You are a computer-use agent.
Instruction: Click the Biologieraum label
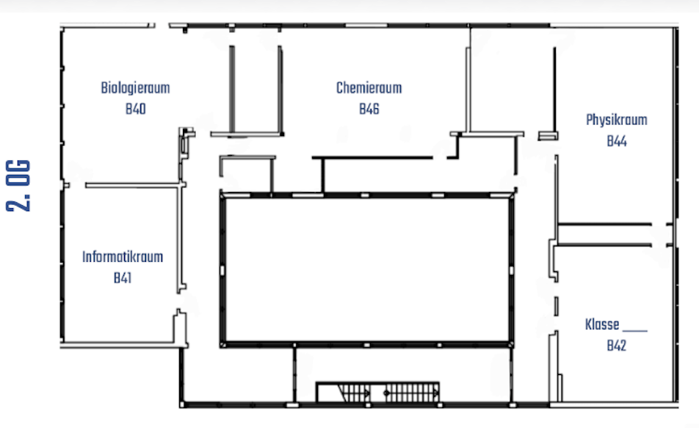coord(135,88)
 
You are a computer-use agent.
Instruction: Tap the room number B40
coord(136,109)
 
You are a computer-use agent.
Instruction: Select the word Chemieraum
coord(369,88)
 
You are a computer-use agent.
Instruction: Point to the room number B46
coord(369,109)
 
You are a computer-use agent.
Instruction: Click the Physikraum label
coord(617,120)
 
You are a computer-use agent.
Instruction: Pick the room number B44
coord(617,141)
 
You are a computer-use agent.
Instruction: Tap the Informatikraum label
coord(123,257)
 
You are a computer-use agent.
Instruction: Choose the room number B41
coord(122,278)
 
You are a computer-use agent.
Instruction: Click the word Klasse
coord(602,324)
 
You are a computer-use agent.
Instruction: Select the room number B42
coord(617,346)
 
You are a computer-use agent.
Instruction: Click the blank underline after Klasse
coord(635,331)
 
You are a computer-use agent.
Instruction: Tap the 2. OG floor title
coord(18,185)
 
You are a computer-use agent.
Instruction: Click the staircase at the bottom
coord(377,392)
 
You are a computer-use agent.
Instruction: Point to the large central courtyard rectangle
coord(366,270)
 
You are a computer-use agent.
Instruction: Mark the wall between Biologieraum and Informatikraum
coord(133,185)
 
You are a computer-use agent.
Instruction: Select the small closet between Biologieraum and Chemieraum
coord(256,89)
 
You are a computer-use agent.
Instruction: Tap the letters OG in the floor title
coord(18,173)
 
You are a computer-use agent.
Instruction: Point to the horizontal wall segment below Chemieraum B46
coord(372,157)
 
